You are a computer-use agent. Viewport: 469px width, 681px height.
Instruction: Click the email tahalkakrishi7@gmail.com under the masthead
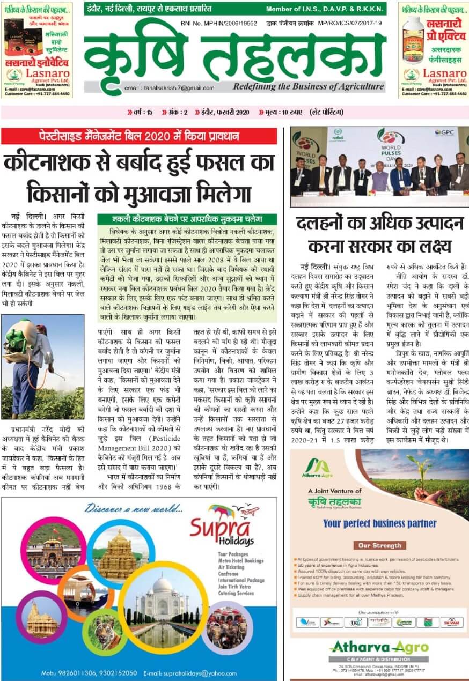pyautogui.click(x=169, y=88)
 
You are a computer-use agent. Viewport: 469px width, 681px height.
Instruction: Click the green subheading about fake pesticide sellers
pyautogui.click(x=187, y=219)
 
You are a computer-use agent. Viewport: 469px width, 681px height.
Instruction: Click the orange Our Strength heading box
pyautogui.click(x=380, y=545)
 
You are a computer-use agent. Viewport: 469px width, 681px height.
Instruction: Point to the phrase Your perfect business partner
pyautogui.click(x=379, y=523)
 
